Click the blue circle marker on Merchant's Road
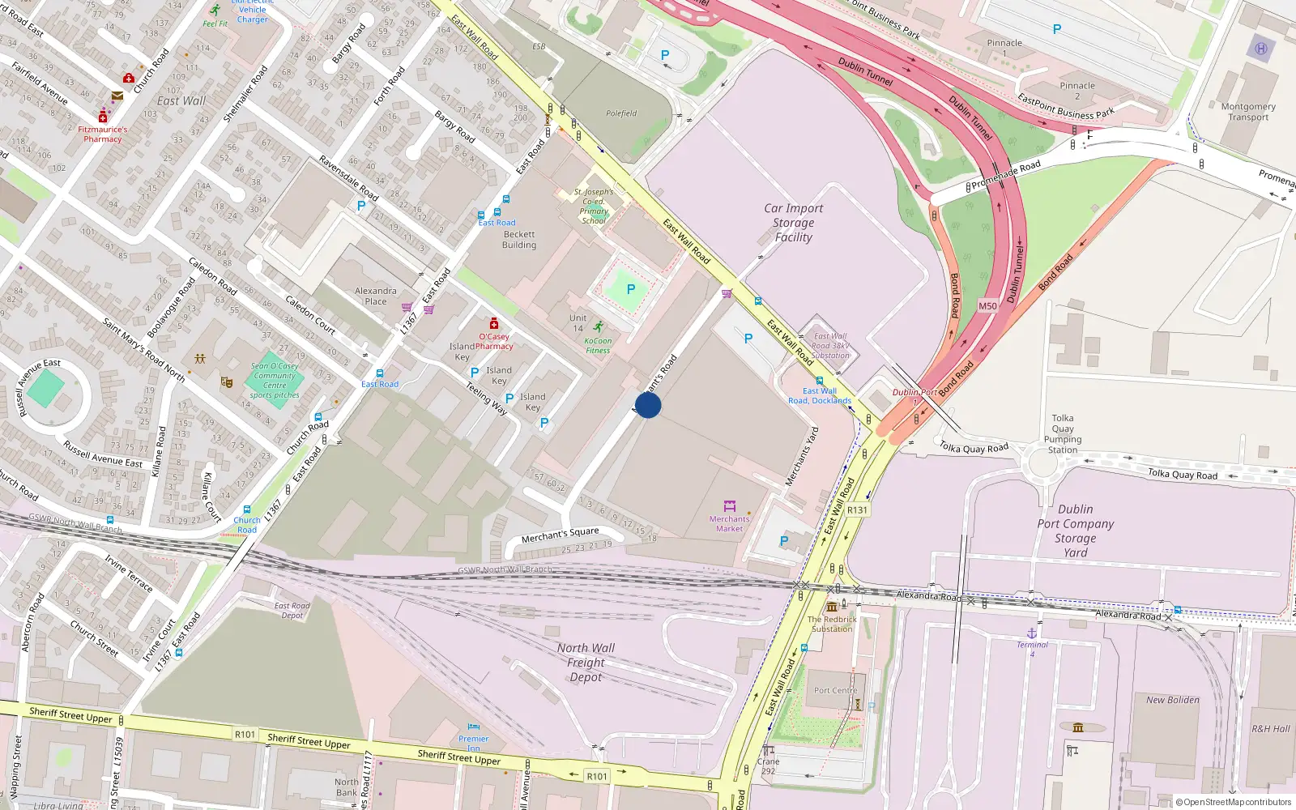pyautogui.click(x=648, y=405)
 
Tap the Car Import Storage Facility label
pyautogui.click(x=793, y=223)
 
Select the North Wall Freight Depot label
pyautogui.click(x=586, y=663)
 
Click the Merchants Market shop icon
pyautogui.click(x=729, y=506)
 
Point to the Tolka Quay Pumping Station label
pyautogui.click(x=1063, y=434)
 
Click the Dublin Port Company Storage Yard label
pyautogui.click(x=1075, y=531)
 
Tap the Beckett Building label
pyautogui.click(x=518, y=240)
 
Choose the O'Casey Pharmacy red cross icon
pyautogui.click(x=494, y=324)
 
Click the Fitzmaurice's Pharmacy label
pyautogui.click(x=102, y=134)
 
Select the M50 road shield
pyautogui.click(x=987, y=305)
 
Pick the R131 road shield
pyautogui.click(x=857, y=510)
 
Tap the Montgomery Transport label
pyautogui.click(x=1248, y=112)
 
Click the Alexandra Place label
pyautogui.click(x=375, y=296)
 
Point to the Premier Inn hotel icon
pyautogui.click(x=474, y=727)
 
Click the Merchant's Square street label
pyautogui.click(x=560, y=535)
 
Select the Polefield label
pyautogui.click(x=621, y=113)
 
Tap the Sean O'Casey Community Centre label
pyautogui.click(x=275, y=381)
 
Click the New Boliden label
pyautogui.click(x=1172, y=700)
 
